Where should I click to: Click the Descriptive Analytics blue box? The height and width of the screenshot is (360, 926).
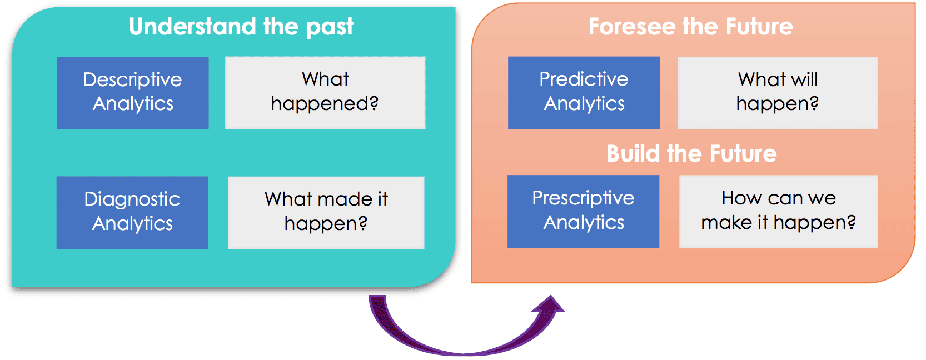132,93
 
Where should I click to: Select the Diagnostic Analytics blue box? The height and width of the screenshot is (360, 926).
132,212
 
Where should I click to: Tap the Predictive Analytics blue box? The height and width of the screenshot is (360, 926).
584,93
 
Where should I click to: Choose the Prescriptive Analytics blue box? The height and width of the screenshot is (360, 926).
583,211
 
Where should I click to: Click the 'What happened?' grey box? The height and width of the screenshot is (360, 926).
325,93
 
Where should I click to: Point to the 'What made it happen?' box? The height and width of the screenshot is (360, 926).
326,212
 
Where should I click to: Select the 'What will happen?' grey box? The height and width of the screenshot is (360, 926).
778,93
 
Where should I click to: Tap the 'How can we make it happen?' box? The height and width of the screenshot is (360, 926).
778,211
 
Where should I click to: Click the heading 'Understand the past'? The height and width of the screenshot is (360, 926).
241,26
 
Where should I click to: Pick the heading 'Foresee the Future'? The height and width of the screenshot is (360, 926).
690,26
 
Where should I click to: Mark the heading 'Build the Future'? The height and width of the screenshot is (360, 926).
691,153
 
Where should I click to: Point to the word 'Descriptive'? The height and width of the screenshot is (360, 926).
132,80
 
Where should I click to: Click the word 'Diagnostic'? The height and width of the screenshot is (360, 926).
132,199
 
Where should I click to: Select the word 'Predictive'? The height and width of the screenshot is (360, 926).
584,79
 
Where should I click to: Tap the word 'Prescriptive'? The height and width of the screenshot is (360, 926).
583,198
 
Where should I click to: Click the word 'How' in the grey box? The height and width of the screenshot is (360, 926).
741,198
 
